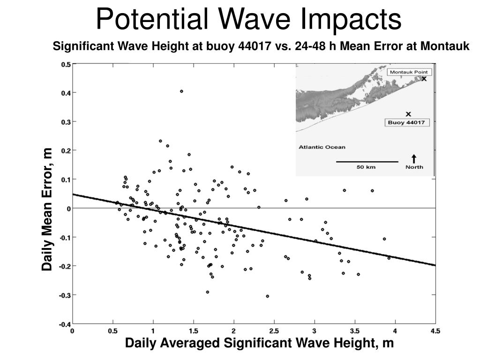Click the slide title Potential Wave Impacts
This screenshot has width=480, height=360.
248,20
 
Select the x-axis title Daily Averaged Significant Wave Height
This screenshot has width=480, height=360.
259,343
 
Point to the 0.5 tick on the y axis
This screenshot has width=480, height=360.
66,64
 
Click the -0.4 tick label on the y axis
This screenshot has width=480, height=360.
65,324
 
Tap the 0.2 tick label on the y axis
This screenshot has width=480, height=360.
66,150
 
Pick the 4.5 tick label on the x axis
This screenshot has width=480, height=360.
435,331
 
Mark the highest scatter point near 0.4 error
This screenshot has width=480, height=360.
181,91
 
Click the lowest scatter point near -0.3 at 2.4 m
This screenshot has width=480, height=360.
268,296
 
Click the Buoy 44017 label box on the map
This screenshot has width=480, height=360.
406,122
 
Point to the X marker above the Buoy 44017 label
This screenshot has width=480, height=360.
408,114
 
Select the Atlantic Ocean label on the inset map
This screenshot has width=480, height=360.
322,147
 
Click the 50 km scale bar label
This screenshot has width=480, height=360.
366,167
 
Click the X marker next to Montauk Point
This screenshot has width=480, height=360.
424,79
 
